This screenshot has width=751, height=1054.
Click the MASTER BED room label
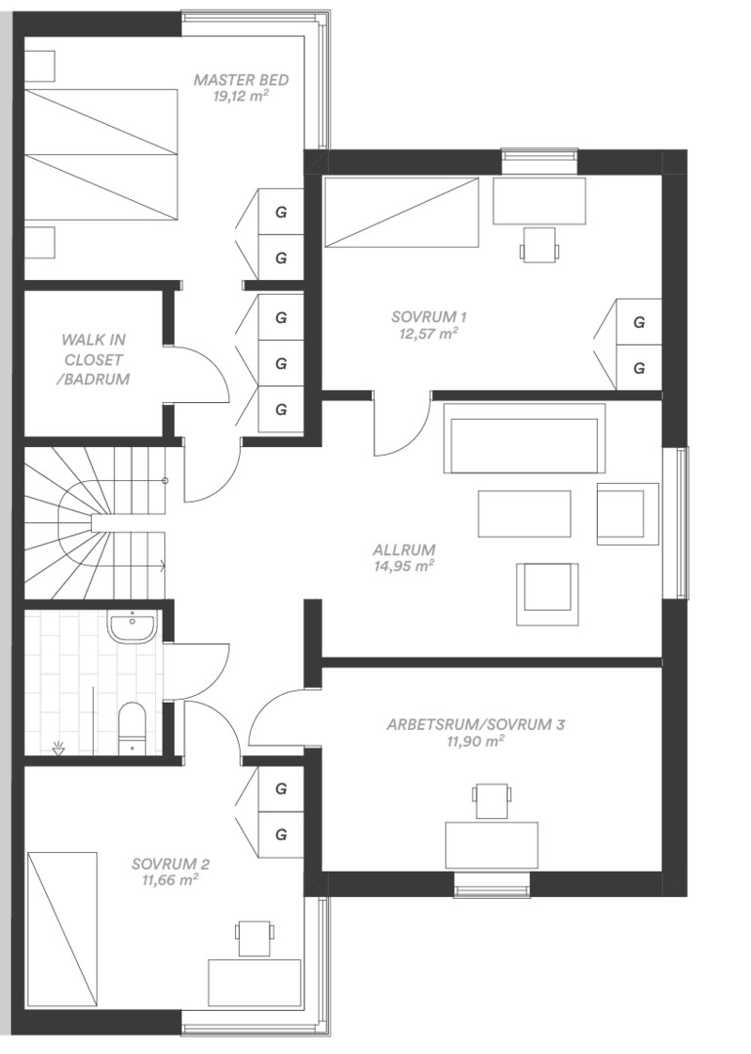241,80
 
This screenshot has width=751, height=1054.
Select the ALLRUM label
405,549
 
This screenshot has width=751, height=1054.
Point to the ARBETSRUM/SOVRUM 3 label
476,724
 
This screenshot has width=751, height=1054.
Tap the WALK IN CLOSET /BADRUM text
94,359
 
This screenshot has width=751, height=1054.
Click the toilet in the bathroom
132,729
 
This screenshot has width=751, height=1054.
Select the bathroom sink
133,626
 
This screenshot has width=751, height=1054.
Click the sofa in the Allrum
524,438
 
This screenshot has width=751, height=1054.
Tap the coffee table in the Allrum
524,513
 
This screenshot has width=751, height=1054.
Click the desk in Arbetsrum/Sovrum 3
492,845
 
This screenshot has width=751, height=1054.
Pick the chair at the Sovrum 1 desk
538,244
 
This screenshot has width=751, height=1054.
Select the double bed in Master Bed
102,154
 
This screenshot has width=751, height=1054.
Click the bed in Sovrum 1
401,213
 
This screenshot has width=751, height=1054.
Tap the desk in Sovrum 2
254,982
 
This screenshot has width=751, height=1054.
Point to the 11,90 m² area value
476,742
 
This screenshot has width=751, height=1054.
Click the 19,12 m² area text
241,96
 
